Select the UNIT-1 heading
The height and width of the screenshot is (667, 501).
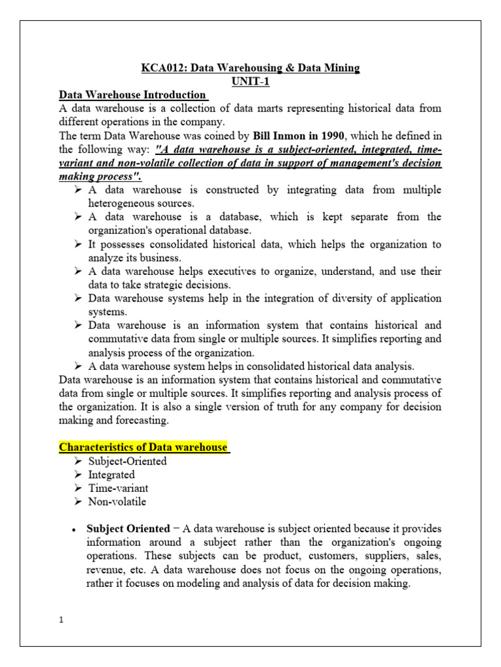click(x=250, y=82)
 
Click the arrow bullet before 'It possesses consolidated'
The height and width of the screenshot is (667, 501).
click(x=77, y=244)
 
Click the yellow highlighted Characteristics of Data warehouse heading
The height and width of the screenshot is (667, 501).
click(x=144, y=447)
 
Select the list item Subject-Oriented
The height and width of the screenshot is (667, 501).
click(x=128, y=461)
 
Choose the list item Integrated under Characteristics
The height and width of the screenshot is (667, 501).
click(x=112, y=475)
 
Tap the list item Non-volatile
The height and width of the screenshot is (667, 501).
click(x=117, y=502)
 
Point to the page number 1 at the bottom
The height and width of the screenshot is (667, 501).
click(x=61, y=619)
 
